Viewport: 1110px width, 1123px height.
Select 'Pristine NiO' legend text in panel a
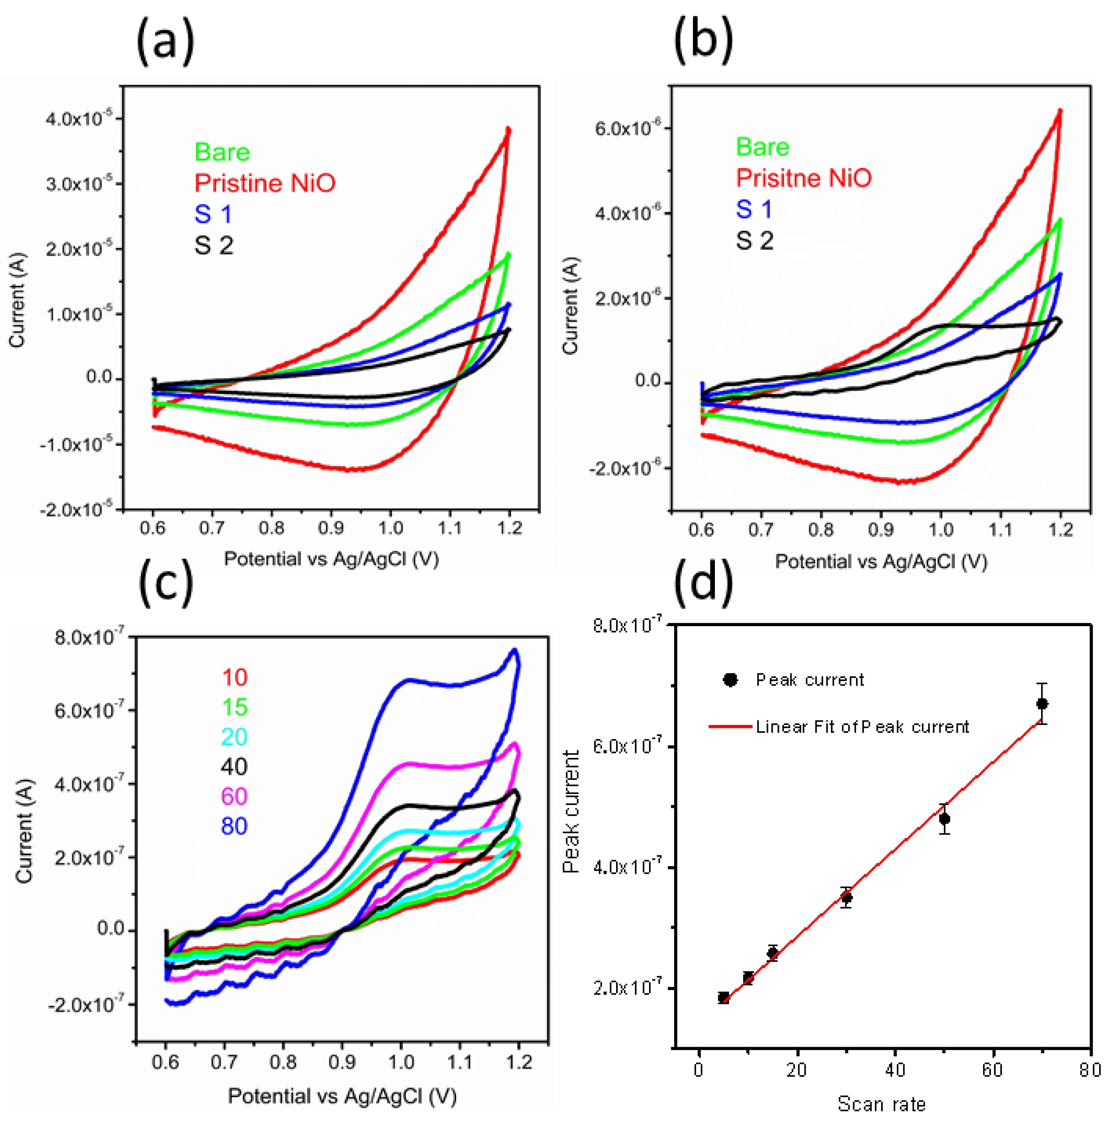(265, 183)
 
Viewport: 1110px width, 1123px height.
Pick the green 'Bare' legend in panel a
(222, 152)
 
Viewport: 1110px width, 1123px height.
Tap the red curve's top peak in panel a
(508, 129)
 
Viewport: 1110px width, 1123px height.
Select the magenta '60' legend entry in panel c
(234, 796)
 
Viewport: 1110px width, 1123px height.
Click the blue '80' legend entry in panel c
(234, 826)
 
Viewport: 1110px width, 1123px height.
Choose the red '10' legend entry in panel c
(234, 677)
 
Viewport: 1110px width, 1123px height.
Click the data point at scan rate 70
(1042, 704)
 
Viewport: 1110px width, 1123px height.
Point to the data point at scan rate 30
(847, 898)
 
